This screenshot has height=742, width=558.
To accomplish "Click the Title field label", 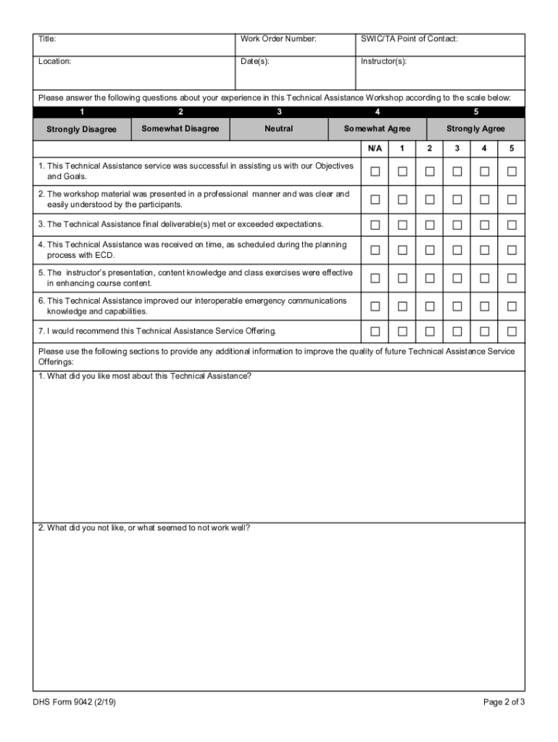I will (47, 38).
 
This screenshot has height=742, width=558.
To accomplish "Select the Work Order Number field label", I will (278, 38).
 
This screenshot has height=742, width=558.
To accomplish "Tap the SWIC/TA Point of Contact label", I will (409, 38).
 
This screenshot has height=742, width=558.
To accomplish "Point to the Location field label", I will (54, 62).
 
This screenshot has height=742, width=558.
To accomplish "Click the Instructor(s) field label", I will (383, 62).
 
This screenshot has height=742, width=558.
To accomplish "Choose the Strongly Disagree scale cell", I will (81, 129).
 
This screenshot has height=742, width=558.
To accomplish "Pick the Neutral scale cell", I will (279, 129).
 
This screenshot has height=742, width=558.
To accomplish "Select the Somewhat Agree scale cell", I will (377, 129).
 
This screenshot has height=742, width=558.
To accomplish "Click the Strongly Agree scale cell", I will (475, 129).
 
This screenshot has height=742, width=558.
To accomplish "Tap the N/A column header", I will (375, 149).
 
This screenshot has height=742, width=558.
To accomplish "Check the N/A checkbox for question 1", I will (375, 172).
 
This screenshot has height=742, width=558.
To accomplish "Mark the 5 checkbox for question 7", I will (512, 332).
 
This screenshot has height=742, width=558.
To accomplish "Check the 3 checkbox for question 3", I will (457, 225).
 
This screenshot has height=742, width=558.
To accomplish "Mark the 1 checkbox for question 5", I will (402, 278).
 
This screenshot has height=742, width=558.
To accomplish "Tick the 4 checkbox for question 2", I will (484, 199).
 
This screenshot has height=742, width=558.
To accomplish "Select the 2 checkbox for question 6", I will (430, 306).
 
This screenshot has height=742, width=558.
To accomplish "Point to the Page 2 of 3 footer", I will (504, 702).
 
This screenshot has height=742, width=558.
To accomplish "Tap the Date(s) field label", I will (255, 62).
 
